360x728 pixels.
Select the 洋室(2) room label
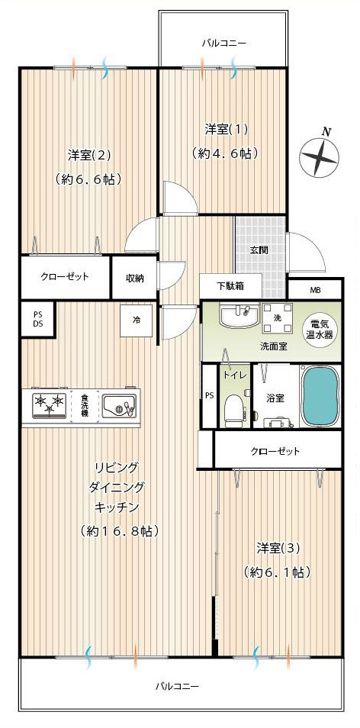click(89, 156)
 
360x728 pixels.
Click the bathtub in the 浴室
click(320, 396)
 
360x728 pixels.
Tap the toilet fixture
click(233, 410)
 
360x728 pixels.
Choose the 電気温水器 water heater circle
click(320, 329)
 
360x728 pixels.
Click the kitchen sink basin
click(119, 405)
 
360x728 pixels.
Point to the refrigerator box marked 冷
click(135, 321)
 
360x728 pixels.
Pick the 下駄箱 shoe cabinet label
click(230, 286)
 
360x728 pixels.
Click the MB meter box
click(315, 290)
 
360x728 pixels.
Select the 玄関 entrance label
click(258, 250)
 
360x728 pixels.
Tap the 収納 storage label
click(135, 278)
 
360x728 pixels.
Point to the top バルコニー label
click(223, 43)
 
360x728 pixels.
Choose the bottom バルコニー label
click(177, 686)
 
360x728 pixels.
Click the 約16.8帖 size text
click(119, 530)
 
